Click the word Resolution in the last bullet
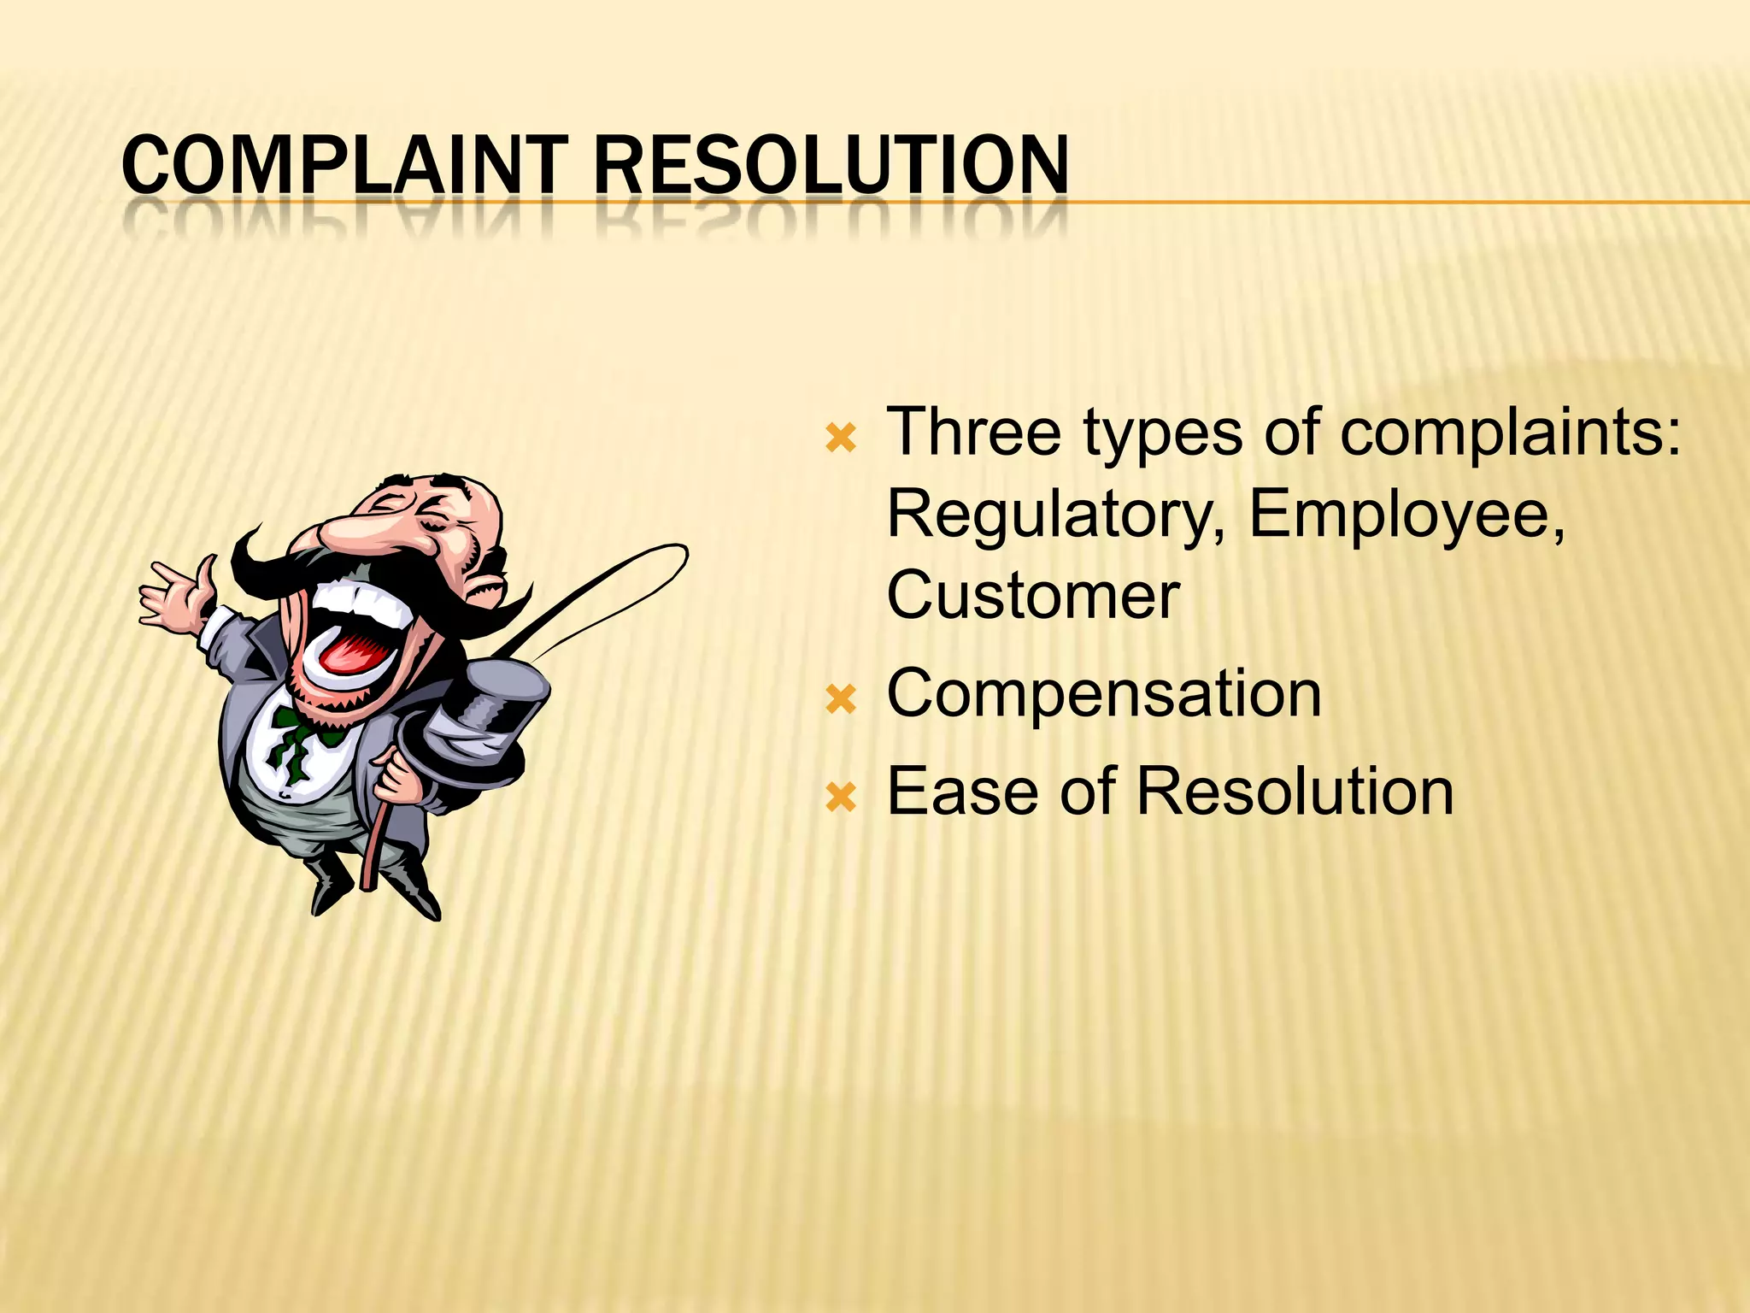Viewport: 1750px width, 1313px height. coord(1295,792)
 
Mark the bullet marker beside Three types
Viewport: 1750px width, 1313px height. coord(841,439)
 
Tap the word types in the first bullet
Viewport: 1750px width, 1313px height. coord(1163,434)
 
